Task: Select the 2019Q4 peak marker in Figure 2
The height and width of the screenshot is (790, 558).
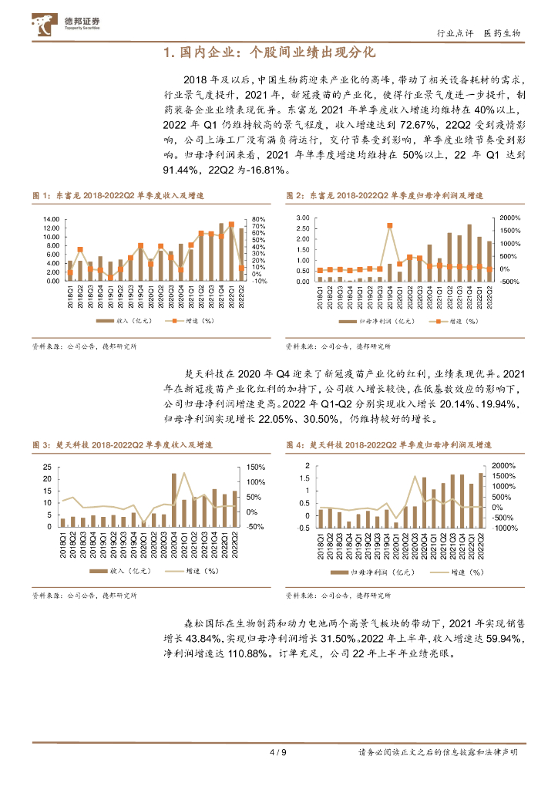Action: point(389,226)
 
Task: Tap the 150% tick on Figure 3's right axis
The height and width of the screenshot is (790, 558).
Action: point(257,467)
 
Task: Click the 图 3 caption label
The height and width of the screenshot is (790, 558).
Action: point(39,446)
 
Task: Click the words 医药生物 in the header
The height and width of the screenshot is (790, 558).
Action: point(502,34)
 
